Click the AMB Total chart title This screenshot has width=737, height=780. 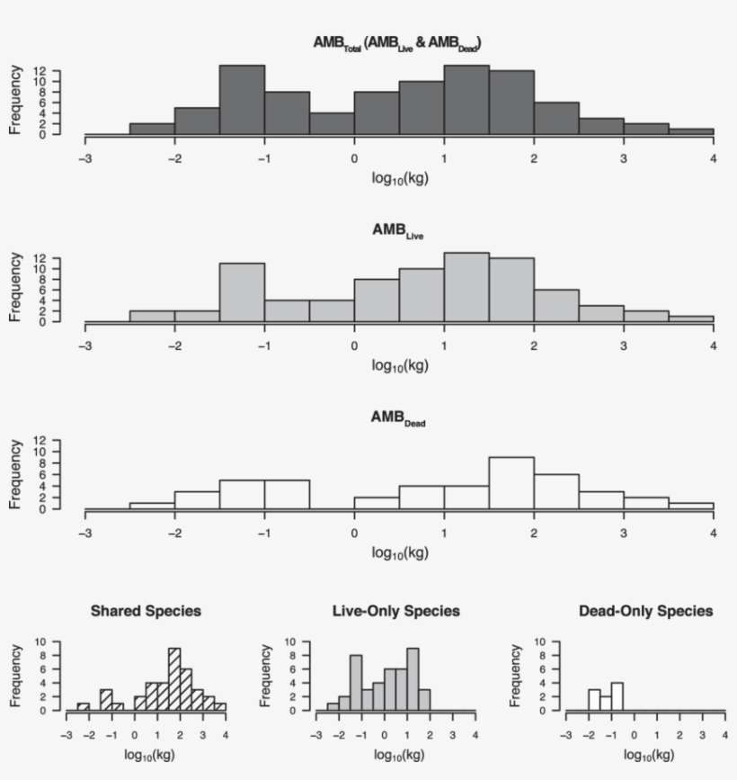click(x=398, y=43)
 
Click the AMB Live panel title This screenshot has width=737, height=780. click(x=398, y=231)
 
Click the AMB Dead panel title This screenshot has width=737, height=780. click(x=398, y=419)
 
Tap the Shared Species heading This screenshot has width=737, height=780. click(x=146, y=611)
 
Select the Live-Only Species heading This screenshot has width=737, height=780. click(x=396, y=611)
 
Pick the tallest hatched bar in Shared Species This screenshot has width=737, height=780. click(x=174, y=679)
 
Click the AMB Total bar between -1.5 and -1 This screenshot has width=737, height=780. click(x=242, y=101)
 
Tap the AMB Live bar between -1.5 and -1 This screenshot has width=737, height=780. click(x=242, y=292)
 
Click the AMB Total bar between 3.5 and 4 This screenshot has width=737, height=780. click(x=691, y=132)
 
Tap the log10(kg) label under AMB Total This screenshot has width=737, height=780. click(x=398, y=177)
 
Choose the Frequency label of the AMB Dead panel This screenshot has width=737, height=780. click(x=15, y=475)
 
